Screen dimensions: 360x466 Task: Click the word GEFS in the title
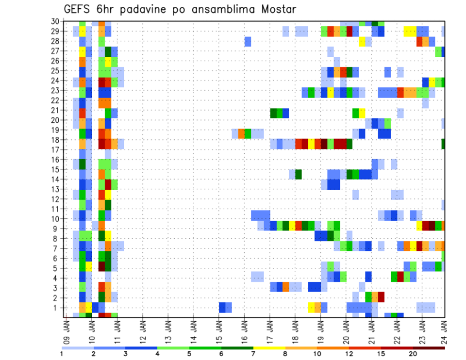coord(79,9)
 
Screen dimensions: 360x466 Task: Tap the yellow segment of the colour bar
coord(269,348)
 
